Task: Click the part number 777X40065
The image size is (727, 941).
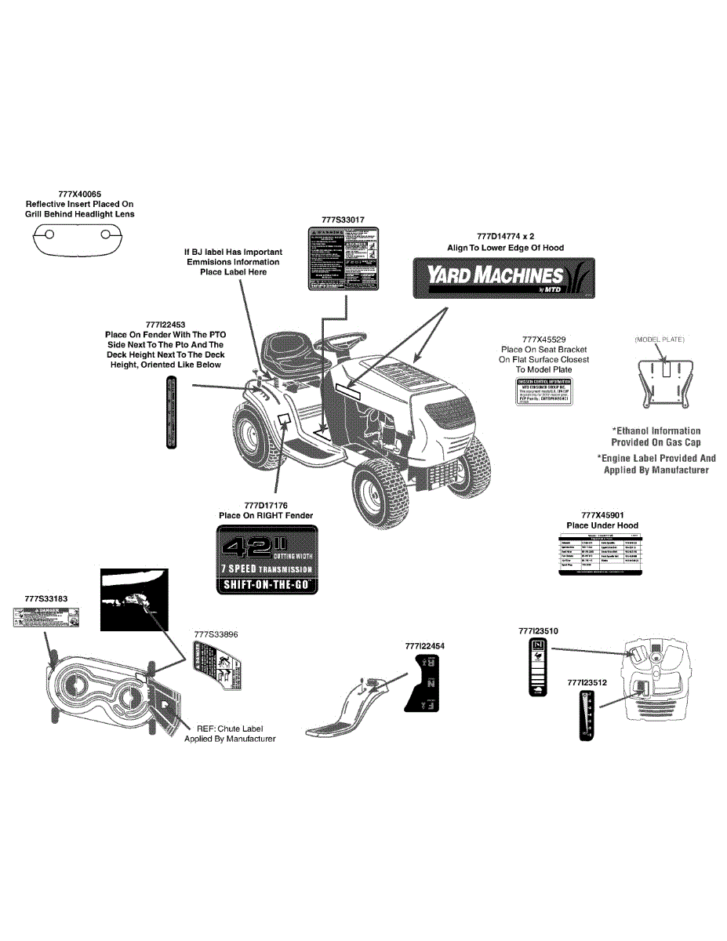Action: [79, 194]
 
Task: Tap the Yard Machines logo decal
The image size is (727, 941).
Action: [503, 278]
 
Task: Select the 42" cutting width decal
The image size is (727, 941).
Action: [266, 559]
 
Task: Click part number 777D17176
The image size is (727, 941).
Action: [266, 505]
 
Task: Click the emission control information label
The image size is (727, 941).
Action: [542, 391]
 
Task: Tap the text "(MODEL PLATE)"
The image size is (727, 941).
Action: [660, 340]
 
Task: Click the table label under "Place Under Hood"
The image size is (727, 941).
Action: [601, 554]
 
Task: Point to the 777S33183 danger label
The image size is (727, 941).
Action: [45, 619]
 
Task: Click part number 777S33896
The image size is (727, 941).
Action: [216, 633]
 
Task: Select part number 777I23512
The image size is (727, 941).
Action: [587, 683]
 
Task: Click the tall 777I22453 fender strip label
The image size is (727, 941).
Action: [172, 412]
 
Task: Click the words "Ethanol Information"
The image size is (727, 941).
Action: [657, 431]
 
